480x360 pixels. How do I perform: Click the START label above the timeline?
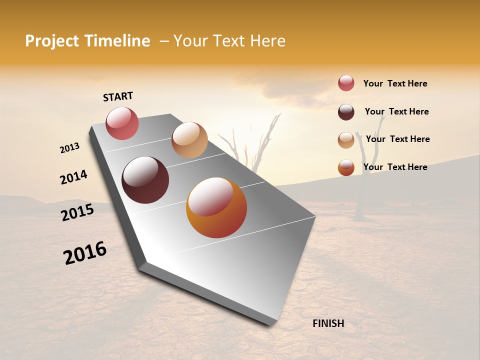point(118,96)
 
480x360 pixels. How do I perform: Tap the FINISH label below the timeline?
point(328,323)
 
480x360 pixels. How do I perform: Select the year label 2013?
point(69,148)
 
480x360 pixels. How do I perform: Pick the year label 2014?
point(73,177)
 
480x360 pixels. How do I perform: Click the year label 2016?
point(85,253)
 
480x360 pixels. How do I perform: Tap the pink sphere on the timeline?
point(122,123)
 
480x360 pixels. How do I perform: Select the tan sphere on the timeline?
point(189,140)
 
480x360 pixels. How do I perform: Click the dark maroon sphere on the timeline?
point(145,180)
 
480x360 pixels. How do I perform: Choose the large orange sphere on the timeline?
point(216,207)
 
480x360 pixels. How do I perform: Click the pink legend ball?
point(346,83)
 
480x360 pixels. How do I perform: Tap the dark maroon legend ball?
point(346,112)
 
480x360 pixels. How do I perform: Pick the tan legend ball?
point(346,140)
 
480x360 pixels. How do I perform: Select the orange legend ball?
point(346,167)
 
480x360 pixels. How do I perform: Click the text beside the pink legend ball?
point(395,83)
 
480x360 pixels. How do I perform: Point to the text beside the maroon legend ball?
point(396,111)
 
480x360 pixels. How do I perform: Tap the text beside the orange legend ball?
point(395,167)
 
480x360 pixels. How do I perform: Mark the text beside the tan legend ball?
point(397,139)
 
